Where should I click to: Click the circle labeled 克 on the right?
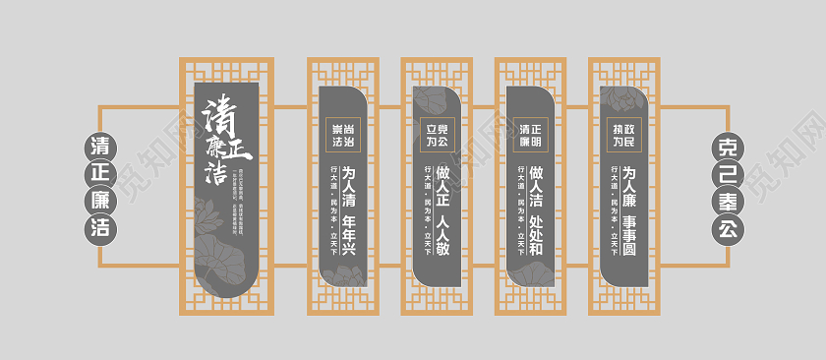[x=728, y=148]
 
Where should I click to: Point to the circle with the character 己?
[x=728, y=175]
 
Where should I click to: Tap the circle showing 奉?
[x=728, y=202]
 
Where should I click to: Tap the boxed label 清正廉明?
[x=531, y=135]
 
